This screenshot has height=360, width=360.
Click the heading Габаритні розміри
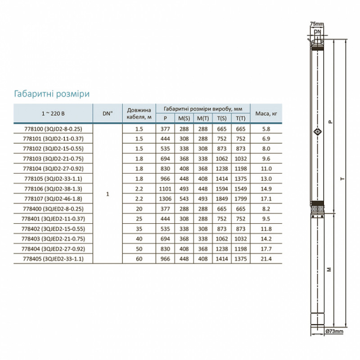(52, 93)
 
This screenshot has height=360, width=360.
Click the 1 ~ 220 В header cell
(53, 113)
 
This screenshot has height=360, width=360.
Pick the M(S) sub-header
(184, 118)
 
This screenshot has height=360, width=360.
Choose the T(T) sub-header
(239, 118)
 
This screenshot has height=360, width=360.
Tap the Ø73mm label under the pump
(334, 332)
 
